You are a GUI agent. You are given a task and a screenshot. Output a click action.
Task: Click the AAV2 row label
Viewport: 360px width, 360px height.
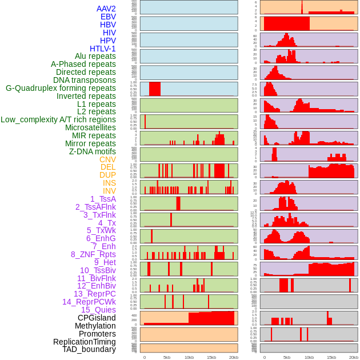pyautogui.click(x=106, y=9)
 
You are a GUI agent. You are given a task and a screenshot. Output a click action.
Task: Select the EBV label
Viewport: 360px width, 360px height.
pyautogui.click(x=108, y=17)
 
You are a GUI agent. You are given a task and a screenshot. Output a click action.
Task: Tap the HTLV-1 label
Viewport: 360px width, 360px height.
pyautogui.click(x=103, y=49)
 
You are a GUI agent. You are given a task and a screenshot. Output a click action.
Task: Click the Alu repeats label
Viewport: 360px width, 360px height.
pyautogui.click(x=95, y=56)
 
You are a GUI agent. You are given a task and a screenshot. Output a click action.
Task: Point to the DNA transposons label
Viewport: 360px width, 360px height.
pyautogui.click(x=85, y=80)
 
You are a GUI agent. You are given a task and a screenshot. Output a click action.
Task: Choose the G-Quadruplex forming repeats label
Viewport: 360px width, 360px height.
pyautogui.click(x=61, y=88)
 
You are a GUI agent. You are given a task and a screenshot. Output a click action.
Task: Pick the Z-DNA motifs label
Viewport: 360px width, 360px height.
pyautogui.click(x=93, y=151)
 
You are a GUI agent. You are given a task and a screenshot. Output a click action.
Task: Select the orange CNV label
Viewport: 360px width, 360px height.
pyautogui.click(x=107, y=159)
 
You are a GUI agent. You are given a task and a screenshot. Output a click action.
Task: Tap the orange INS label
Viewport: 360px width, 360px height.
pyautogui.click(x=109, y=183)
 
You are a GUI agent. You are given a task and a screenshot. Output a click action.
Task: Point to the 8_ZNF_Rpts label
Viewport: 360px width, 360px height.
pyautogui.click(x=93, y=254)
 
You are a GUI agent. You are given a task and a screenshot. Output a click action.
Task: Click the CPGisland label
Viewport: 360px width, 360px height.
pyautogui.click(x=97, y=318)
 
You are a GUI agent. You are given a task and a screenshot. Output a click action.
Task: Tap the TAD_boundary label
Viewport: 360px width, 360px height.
pyautogui.click(x=89, y=349)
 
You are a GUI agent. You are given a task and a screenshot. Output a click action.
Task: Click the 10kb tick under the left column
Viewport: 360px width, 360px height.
pyautogui.click(x=189, y=357)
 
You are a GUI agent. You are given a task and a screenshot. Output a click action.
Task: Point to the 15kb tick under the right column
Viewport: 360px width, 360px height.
pyautogui.click(x=331, y=357)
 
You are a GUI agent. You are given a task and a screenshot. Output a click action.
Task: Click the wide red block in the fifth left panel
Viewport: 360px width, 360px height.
pyautogui.click(x=155, y=89)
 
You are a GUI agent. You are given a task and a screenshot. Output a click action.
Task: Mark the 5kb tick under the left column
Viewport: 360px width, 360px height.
pyautogui.click(x=167, y=357)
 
